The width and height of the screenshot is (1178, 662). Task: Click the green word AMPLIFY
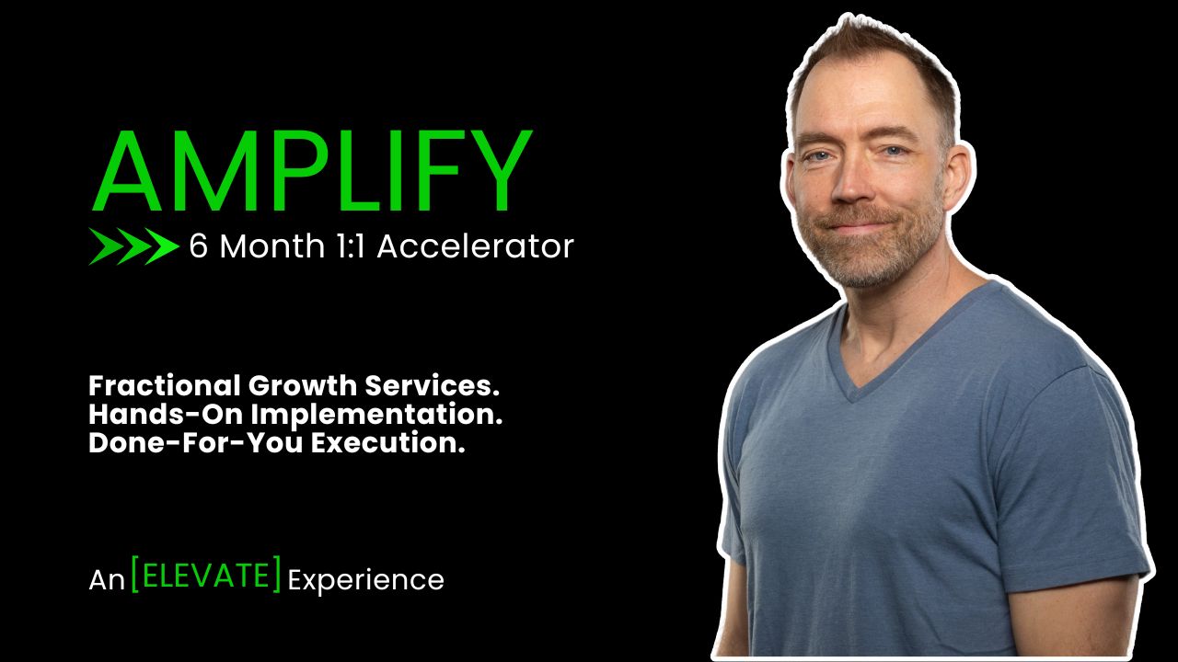pos(312,170)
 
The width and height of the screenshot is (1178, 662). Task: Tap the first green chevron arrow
pos(105,246)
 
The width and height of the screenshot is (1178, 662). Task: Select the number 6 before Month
pos(198,245)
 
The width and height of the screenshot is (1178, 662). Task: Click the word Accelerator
pos(476,245)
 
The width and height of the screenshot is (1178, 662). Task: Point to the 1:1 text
pos(351,245)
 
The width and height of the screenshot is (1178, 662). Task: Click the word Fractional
pos(165,385)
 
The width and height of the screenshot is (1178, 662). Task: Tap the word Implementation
pos(376,415)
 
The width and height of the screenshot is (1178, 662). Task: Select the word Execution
pos(388,443)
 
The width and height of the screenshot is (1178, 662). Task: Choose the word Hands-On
pos(166,414)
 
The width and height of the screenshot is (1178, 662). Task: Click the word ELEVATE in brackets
pos(205,576)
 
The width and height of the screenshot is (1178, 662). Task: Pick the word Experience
pos(366,581)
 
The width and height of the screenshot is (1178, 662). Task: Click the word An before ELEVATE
pos(107,580)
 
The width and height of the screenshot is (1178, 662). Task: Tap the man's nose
pos(852,184)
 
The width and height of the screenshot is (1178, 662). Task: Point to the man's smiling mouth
pos(856,226)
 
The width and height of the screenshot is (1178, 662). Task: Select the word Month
pos(271,245)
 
